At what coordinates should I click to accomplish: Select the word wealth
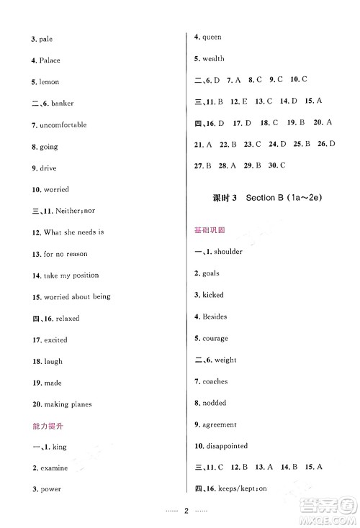(214, 58)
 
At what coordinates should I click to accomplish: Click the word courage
(215, 338)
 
